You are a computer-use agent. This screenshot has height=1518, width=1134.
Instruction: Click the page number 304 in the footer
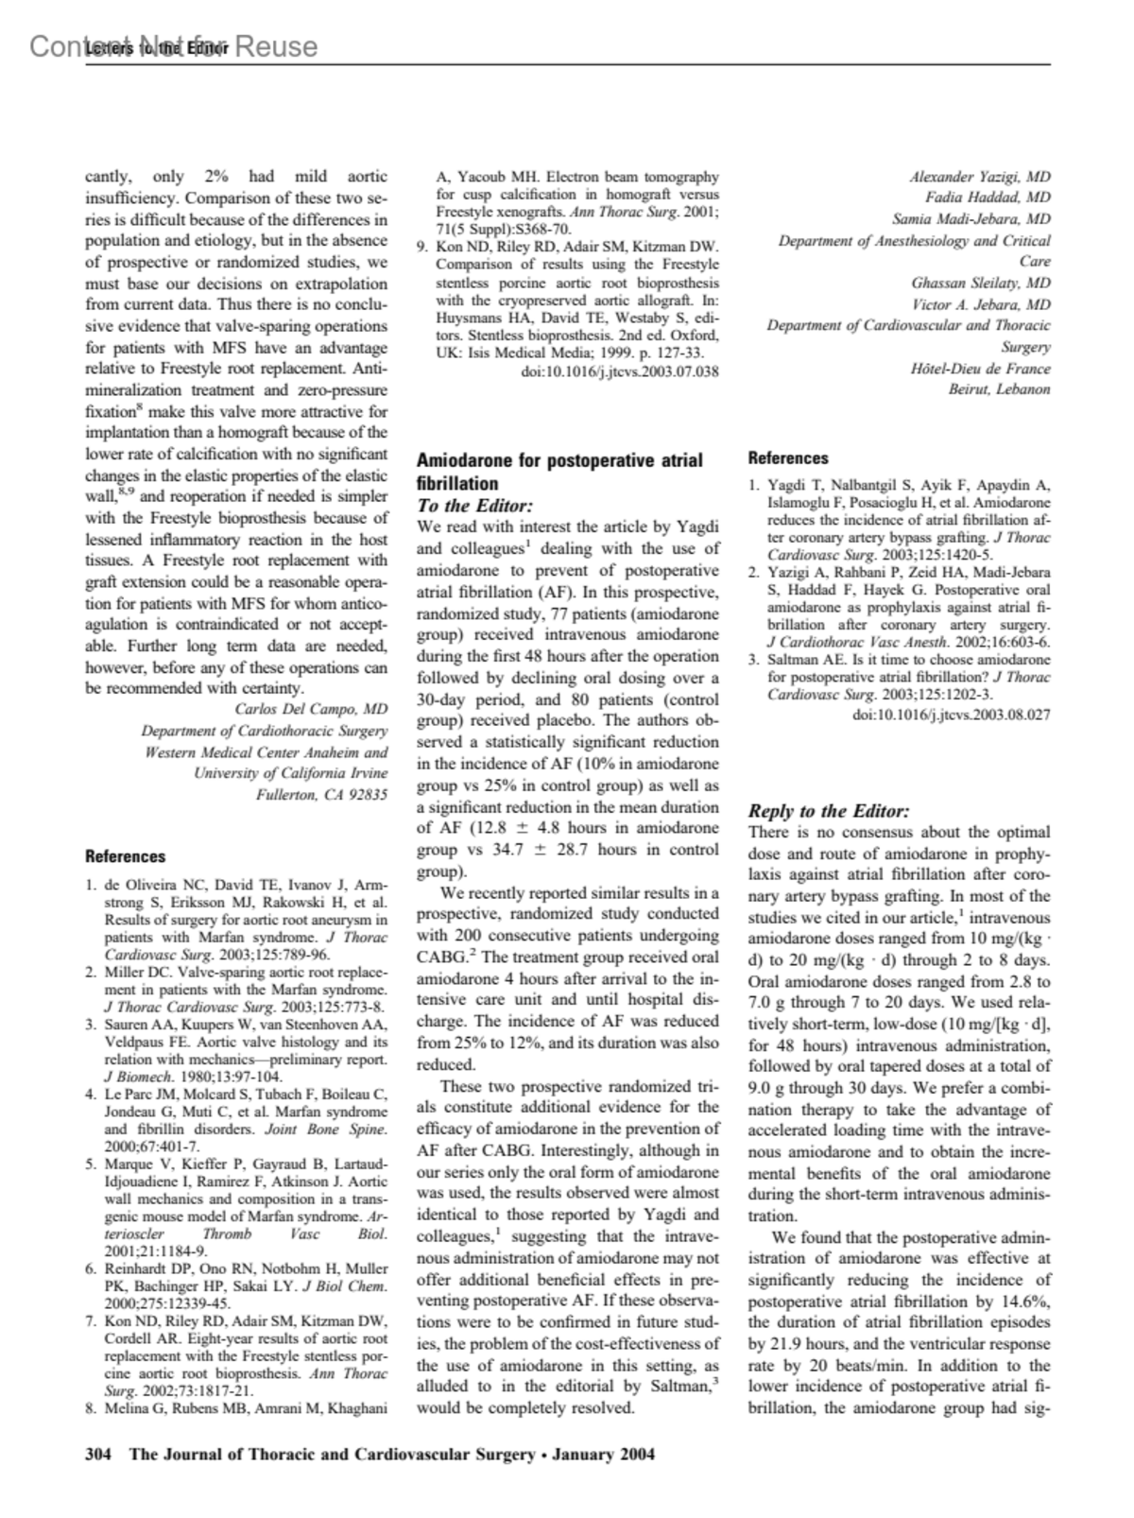[x=99, y=1455]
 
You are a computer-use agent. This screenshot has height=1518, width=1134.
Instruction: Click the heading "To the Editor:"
[x=474, y=506]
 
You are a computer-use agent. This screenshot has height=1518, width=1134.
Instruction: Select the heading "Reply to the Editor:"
[x=829, y=811]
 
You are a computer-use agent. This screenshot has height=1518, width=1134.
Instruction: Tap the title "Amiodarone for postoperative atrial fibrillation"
[x=559, y=471]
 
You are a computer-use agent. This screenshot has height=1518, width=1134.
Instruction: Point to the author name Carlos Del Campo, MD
[x=311, y=709]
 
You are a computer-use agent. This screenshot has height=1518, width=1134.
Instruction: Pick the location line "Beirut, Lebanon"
[x=999, y=388]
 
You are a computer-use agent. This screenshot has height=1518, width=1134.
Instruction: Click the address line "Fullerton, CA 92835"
[x=321, y=795]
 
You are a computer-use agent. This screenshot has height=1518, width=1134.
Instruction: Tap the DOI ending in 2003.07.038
[x=620, y=371]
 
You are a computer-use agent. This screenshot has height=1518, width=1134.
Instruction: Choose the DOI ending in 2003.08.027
[x=951, y=715]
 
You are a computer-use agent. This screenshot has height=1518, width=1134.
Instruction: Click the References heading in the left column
[x=125, y=856]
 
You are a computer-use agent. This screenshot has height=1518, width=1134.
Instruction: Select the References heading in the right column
[x=788, y=458]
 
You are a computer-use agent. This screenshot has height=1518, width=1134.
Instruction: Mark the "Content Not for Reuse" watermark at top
[x=173, y=46]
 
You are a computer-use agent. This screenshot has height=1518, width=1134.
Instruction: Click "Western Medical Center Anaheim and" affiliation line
[x=266, y=752]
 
